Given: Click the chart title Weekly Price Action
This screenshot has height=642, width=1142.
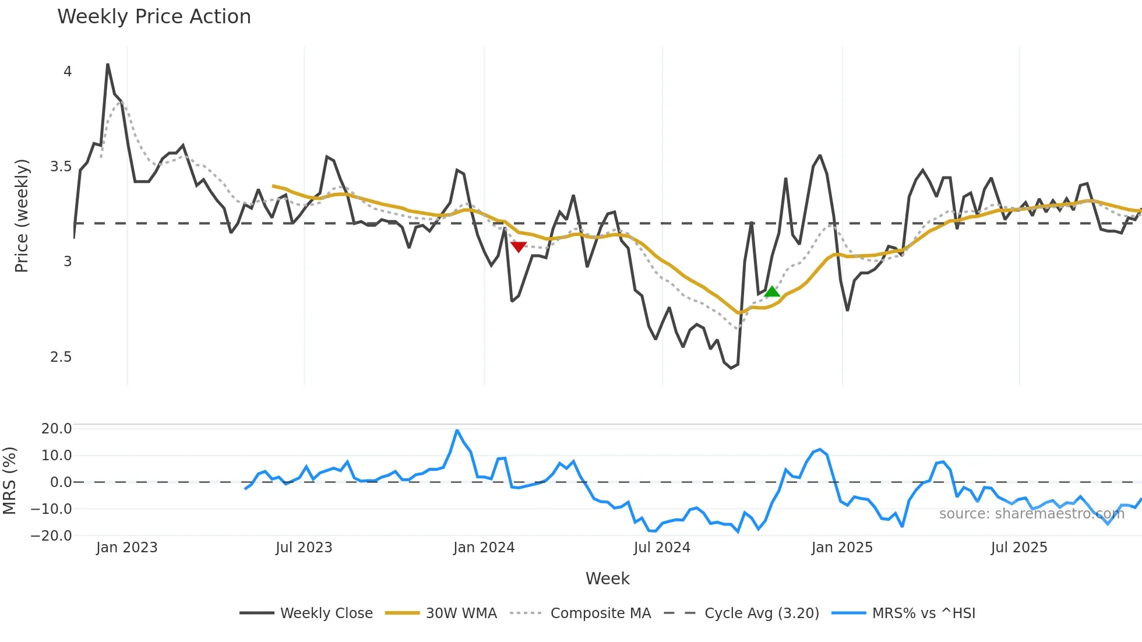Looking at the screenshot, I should click(x=154, y=17).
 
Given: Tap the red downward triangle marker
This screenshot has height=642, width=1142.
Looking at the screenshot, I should click(x=519, y=246).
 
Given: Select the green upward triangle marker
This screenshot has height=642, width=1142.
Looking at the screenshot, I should click(x=772, y=292).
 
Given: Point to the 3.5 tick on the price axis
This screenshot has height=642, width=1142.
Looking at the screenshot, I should click(x=61, y=167).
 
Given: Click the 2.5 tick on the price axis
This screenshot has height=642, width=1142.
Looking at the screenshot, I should click(x=61, y=357).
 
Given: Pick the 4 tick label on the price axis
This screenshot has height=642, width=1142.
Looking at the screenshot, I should click(x=68, y=72).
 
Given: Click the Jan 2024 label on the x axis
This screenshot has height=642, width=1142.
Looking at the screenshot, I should click(x=484, y=548).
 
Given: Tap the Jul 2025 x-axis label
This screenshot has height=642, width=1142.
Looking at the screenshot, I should click(x=1019, y=548).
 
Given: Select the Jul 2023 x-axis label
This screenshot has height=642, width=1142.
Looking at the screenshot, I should click(x=304, y=548).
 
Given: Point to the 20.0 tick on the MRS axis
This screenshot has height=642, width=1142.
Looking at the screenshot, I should click(x=57, y=429).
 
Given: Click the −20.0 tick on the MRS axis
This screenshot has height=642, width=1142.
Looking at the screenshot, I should click(x=51, y=535).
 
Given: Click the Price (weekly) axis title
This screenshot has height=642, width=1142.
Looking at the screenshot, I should click(x=22, y=216).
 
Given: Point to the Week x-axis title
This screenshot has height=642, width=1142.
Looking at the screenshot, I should click(x=607, y=578).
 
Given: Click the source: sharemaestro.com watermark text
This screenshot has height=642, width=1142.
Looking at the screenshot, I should click(x=1031, y=514).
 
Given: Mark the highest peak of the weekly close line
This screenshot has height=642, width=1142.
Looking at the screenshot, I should click(x=108, y=65).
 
